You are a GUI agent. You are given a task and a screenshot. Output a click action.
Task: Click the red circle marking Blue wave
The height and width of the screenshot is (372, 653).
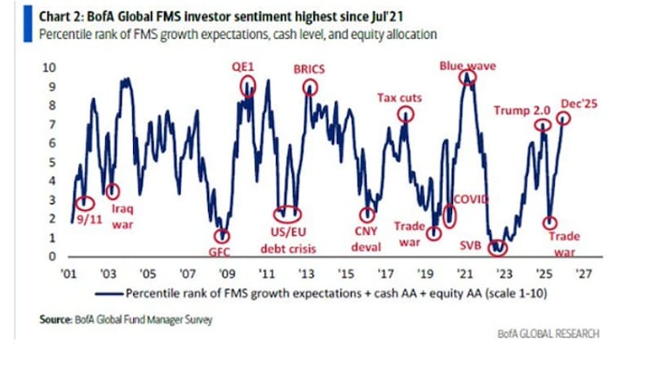pos(467,78)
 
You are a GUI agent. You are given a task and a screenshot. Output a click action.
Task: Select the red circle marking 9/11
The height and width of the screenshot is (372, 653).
pos(84,202)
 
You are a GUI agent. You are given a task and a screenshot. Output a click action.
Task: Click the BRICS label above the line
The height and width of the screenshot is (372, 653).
pos(309,70)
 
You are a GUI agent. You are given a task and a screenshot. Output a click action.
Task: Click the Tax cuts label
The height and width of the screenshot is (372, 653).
pos(398,98)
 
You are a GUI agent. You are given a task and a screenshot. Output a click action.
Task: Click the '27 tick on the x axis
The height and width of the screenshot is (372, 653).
pos(584,275)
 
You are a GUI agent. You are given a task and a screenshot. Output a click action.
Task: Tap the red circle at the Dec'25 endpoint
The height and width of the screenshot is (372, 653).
pos(563,118)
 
